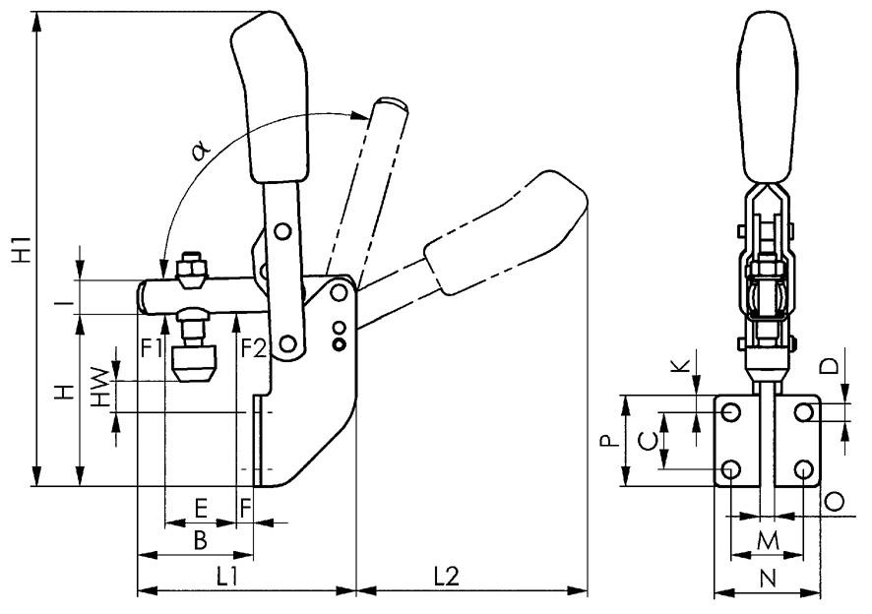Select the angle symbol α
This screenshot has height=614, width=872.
(201, 150)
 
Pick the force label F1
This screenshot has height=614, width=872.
(151, 347)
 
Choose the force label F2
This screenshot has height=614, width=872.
(253, 347)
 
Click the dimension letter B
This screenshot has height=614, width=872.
(199, 539)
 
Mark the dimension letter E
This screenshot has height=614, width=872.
(201, 508)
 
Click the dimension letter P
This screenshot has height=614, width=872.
(610, 441)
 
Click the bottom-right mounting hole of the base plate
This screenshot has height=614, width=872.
(804, 469)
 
